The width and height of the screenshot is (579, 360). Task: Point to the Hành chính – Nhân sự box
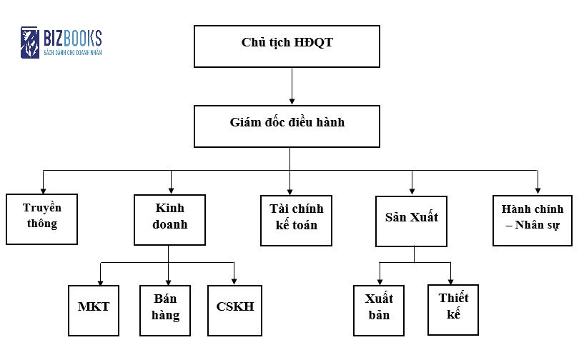pyautogui.click(x=533, y=219)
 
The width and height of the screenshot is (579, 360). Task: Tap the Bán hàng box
pyautogui.click(x=166, y=310)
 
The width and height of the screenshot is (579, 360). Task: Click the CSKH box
pyautogui.click(x=234, y=310)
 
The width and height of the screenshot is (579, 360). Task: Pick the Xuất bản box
pyautogui.click(x=379, y=310)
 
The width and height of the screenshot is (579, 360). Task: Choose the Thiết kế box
pyautogui.click(x=452, y=309)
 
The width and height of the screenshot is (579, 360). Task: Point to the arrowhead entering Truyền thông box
pyautogui.click(x=43, y=189)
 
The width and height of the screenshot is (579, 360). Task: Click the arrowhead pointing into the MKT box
pyautogui.click(x=100, y=281)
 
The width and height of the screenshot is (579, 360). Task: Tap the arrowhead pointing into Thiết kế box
pyautogui.click(x=451, y=279)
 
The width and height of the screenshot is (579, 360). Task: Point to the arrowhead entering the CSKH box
pyautogui.click(x=234, y=281)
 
